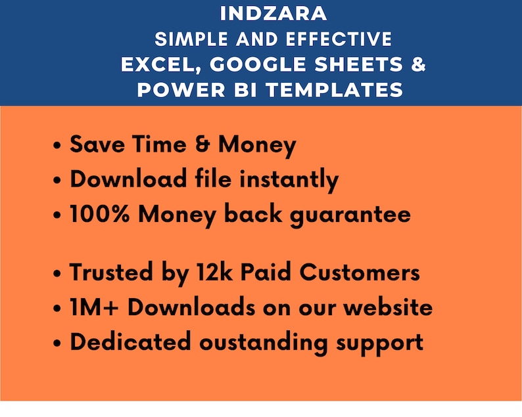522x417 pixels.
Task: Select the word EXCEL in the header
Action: [152, 64]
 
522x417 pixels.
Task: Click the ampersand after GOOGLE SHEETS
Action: [419, 64]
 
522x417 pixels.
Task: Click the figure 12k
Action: [211, 273]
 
